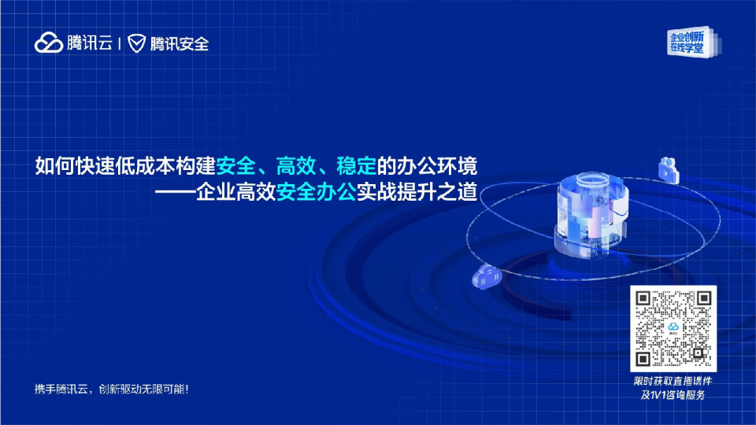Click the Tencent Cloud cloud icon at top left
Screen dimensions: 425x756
click(x=48, y=43)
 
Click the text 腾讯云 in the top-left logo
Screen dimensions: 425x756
click(x=89, y=43)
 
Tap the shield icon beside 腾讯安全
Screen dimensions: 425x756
click(x=137, y=43)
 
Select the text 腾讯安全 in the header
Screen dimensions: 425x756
click(x=179, y=43)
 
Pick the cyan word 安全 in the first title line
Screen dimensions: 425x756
click(x=235, y=167)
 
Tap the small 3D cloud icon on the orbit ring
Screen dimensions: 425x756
click(x=486, y=277)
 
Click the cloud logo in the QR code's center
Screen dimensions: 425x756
click(x=673, y=328)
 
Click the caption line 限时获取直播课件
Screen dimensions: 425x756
click(x=673, y=381)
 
